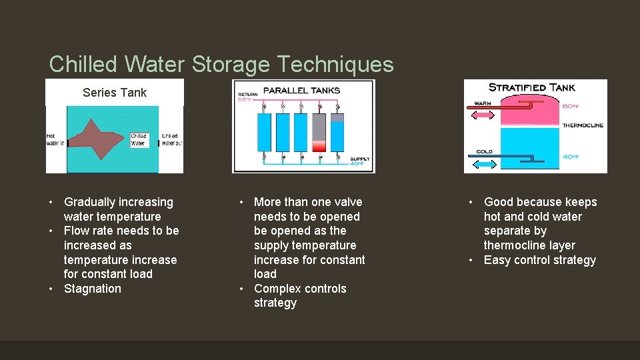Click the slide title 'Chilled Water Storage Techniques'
coord(221,64)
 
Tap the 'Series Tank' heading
coord(114,93)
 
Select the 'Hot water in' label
coord(55,139)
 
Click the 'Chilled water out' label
coord(170,139)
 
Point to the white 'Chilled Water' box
coord(138,139)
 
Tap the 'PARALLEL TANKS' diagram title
coord(301,90)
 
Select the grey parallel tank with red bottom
coord(319,133)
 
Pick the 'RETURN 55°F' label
coord(247,97)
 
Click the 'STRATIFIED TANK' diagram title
coord(531,87)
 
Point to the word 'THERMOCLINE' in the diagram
coord(583,125)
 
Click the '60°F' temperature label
coord(570,105)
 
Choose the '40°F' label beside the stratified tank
coord(570,157)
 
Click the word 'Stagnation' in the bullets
coord(93,289)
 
